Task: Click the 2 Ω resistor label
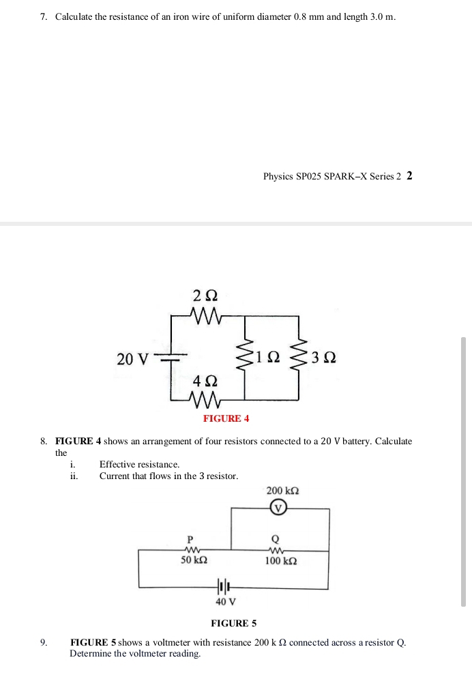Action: [205, 296]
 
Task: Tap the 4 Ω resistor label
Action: [205, 379]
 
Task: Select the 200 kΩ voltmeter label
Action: [282, 491]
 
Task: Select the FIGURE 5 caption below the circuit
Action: [234, 623]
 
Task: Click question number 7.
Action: [43, 16]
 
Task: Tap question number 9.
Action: [43, 642]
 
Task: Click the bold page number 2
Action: [409, 175]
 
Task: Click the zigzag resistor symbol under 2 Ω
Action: [205, 316]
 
